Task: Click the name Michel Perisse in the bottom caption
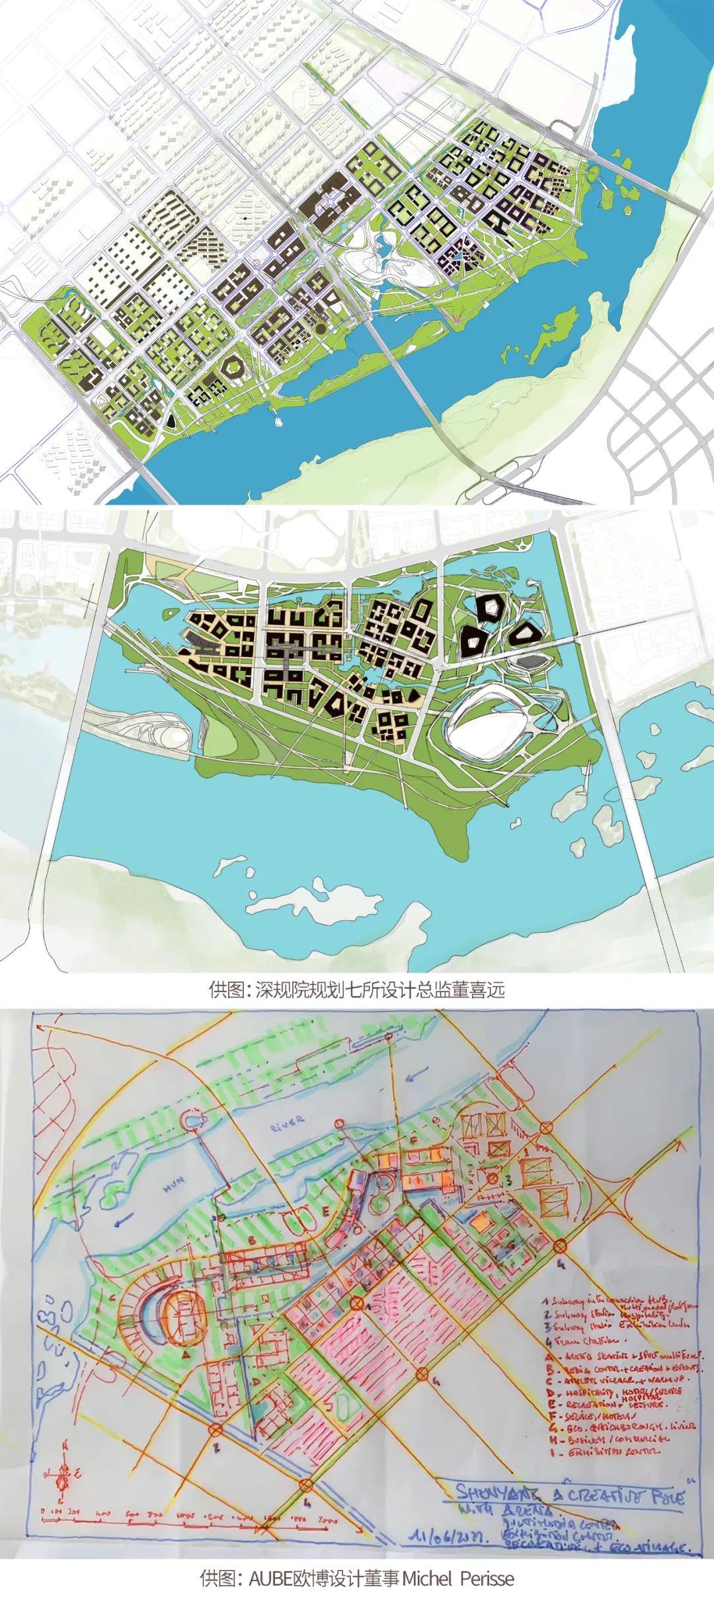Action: (458, 1577)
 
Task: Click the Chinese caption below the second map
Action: (356, 990)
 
